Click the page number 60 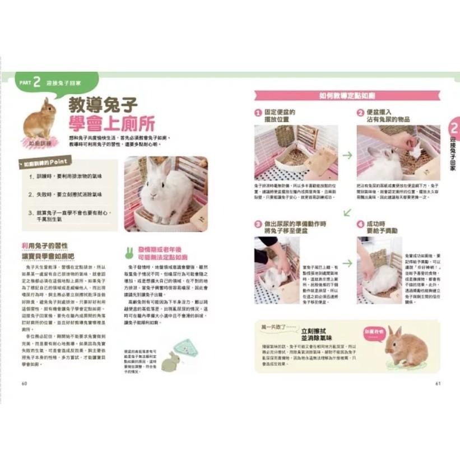click(24, 383)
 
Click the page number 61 click(438, 383)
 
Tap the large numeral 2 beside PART click(36, 82)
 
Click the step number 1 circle click(258, 112)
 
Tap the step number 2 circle click(361, 112)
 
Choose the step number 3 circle click(258, 224)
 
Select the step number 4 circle click(361, 224)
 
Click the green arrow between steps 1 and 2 click(347, 155)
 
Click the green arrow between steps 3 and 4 click(347, 262)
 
